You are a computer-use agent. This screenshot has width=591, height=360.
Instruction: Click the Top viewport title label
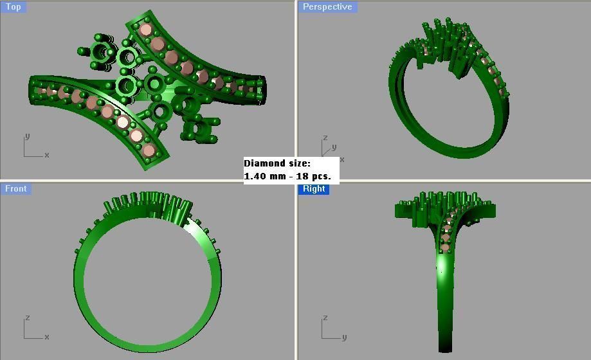click(x=13, y=7)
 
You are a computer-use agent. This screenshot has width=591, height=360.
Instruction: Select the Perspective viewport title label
click(x=327, y=7)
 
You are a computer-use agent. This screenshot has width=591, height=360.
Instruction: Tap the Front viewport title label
click(x=15, y=188)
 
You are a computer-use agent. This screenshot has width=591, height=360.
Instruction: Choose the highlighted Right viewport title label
click(x=314, y=188)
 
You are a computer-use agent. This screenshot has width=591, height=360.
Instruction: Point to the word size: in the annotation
click(x=299, y=163)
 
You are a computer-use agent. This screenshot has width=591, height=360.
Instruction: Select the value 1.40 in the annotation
click(x=255, y=176)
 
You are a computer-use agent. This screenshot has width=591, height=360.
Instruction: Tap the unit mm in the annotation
click(x=277, y=176)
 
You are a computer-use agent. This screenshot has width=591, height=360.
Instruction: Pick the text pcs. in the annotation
click(x=320, y=176)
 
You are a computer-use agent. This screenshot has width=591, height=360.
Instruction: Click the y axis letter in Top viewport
click(x=26, y=136)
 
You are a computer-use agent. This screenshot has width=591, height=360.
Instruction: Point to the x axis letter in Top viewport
click(x=47, y=155)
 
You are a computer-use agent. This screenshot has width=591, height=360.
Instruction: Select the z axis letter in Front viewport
click(x=26, y=318)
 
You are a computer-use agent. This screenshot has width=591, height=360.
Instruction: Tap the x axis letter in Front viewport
click(x=47, y=337)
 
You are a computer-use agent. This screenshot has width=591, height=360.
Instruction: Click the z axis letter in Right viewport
click(x=325, y=318)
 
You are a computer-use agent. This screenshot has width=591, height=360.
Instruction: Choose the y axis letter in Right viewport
click(x=345, y=337)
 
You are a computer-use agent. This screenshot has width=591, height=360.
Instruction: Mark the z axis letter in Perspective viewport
click(x=325, y=138)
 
